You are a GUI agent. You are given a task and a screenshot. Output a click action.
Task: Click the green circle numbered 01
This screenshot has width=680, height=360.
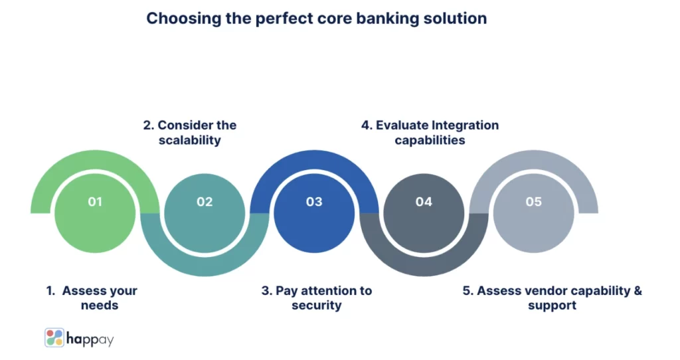click(x=95, y=202)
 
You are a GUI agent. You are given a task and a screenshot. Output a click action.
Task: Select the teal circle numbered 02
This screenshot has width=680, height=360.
click(x=205, y=202)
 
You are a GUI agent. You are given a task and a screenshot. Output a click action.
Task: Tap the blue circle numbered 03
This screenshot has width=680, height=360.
click(x=314, y=202)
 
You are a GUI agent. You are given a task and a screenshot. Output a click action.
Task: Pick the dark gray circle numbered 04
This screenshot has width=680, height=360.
click(x=424, y=202)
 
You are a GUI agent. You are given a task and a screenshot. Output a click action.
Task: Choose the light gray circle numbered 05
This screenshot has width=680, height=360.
click(x=533, y=202)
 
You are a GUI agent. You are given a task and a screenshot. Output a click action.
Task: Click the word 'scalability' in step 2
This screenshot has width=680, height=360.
click(x=190, y=140)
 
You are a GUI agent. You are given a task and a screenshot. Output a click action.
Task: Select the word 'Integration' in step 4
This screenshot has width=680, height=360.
click(x=465, y=125)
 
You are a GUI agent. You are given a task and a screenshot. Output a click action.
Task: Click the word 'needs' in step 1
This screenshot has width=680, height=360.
click(x=99, y=306)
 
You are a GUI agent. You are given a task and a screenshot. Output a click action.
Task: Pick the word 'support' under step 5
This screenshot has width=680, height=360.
click(x=552, y=306)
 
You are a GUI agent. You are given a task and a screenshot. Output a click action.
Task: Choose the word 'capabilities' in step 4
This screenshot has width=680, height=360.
click(x=430, y=140)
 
